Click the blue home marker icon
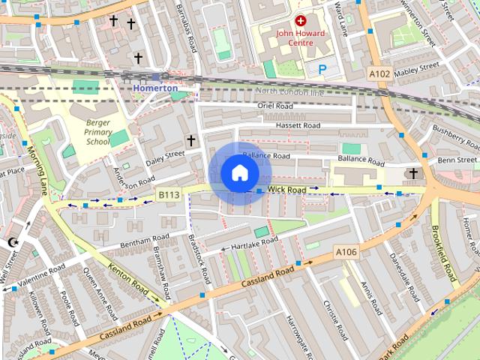239,173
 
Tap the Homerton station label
155,88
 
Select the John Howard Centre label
301,37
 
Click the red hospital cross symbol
301,22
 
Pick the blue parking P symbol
322,69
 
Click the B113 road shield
168,195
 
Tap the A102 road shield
379,73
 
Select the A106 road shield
346,252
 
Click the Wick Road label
286,190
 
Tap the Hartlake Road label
254,242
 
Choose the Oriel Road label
274,106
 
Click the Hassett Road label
297,125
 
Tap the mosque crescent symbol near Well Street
12,242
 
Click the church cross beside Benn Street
412,174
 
